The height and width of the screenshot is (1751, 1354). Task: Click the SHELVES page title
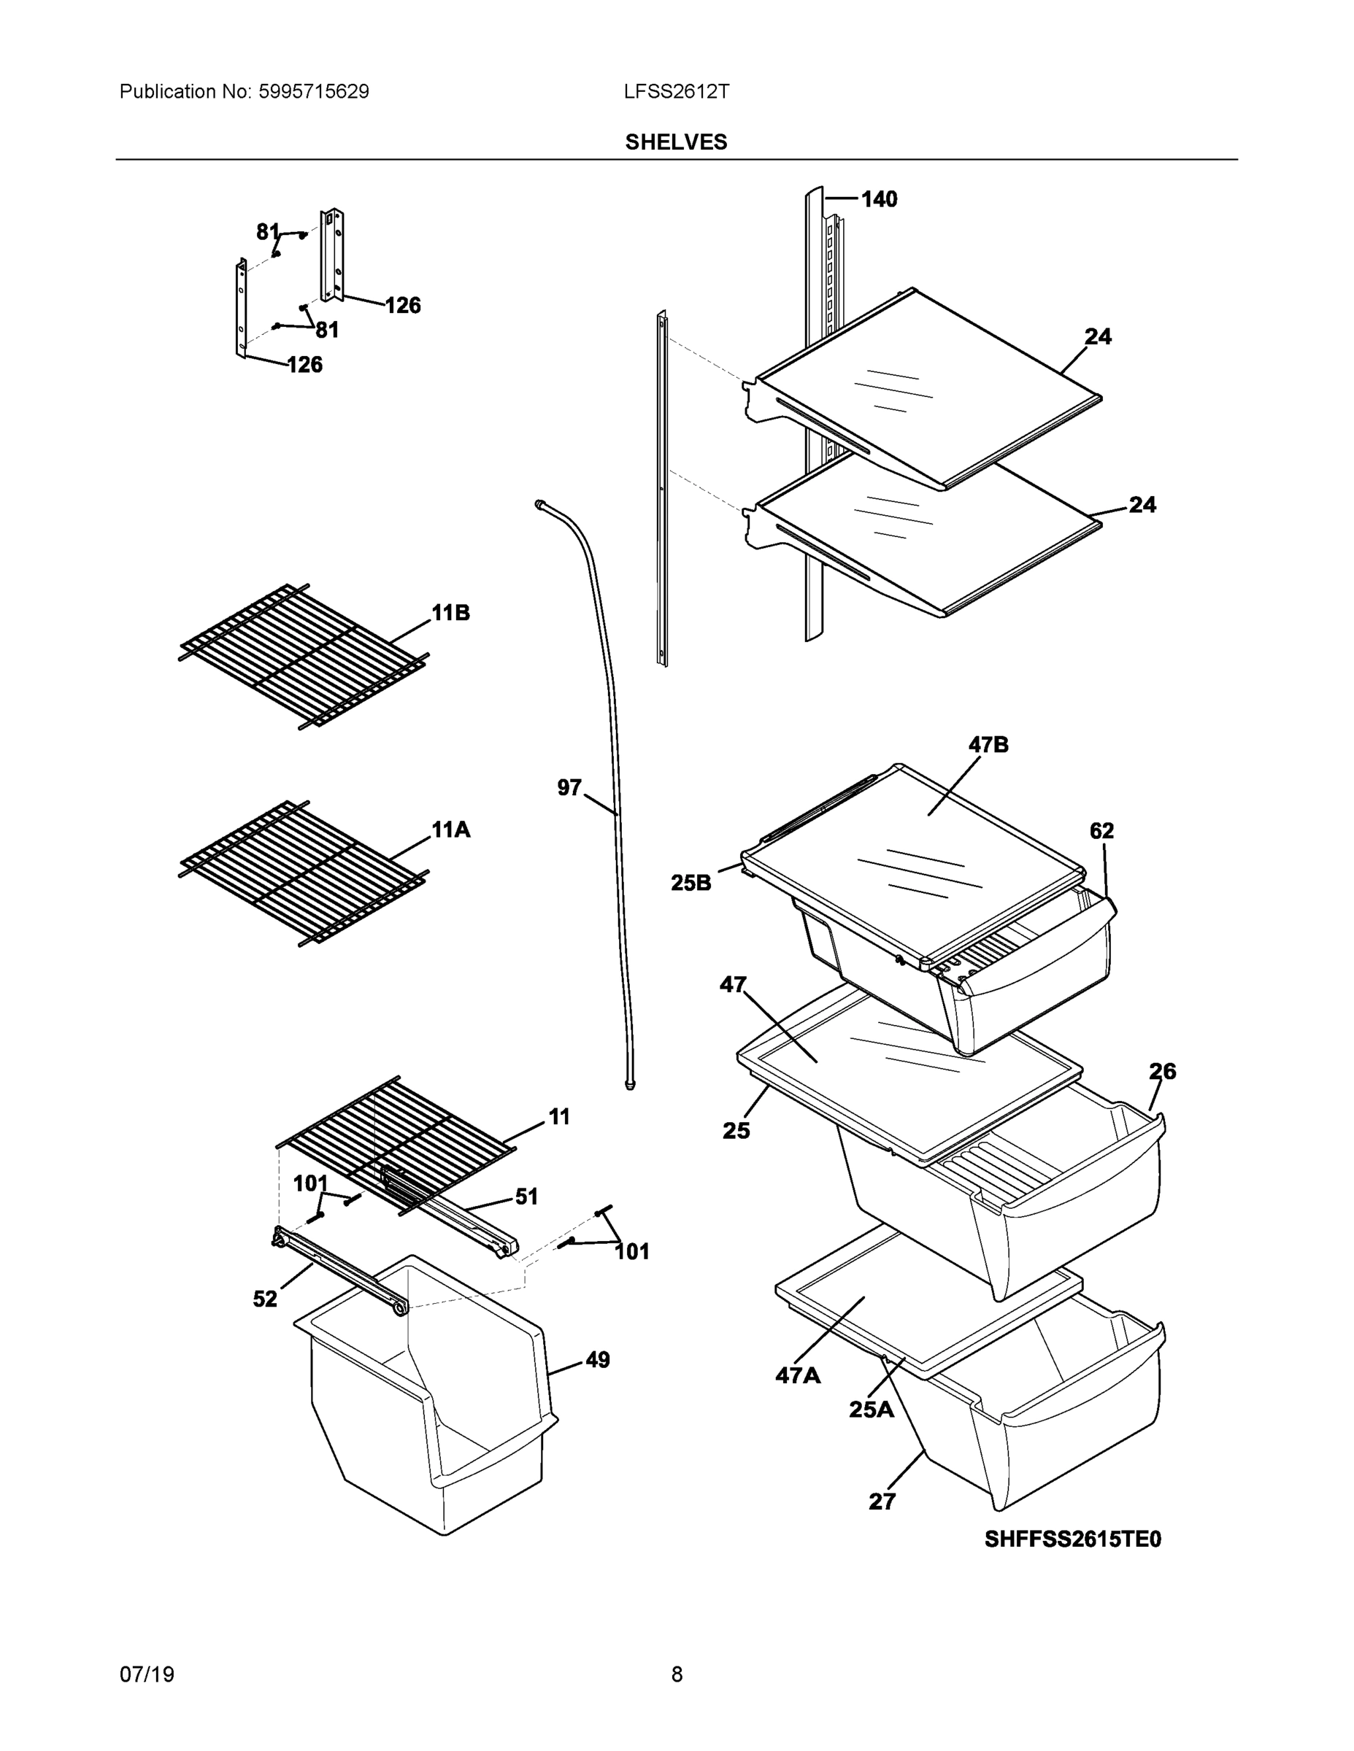click(675, 142)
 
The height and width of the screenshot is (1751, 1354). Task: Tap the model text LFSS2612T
click(676, 91)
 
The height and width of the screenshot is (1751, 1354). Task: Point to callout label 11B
click(451, 613)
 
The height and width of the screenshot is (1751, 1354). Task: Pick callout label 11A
click(451, 830)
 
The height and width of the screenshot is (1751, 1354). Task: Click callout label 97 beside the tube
click(569, 788)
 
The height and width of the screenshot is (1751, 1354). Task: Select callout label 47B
click(988, 745)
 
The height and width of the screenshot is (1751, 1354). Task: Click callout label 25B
click(691, 883)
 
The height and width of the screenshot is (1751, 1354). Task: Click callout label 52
click(265, 1299)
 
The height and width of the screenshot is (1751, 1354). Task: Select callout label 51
click(526, 1197)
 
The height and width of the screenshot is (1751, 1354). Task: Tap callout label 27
click(882, 1501)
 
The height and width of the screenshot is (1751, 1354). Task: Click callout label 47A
click(797, 1376)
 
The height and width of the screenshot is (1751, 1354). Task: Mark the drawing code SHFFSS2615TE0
click(1072, 1539)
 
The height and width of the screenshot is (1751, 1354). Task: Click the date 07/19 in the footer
click(147, 1674)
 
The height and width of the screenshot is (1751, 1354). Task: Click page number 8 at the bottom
click(676, 1674)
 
